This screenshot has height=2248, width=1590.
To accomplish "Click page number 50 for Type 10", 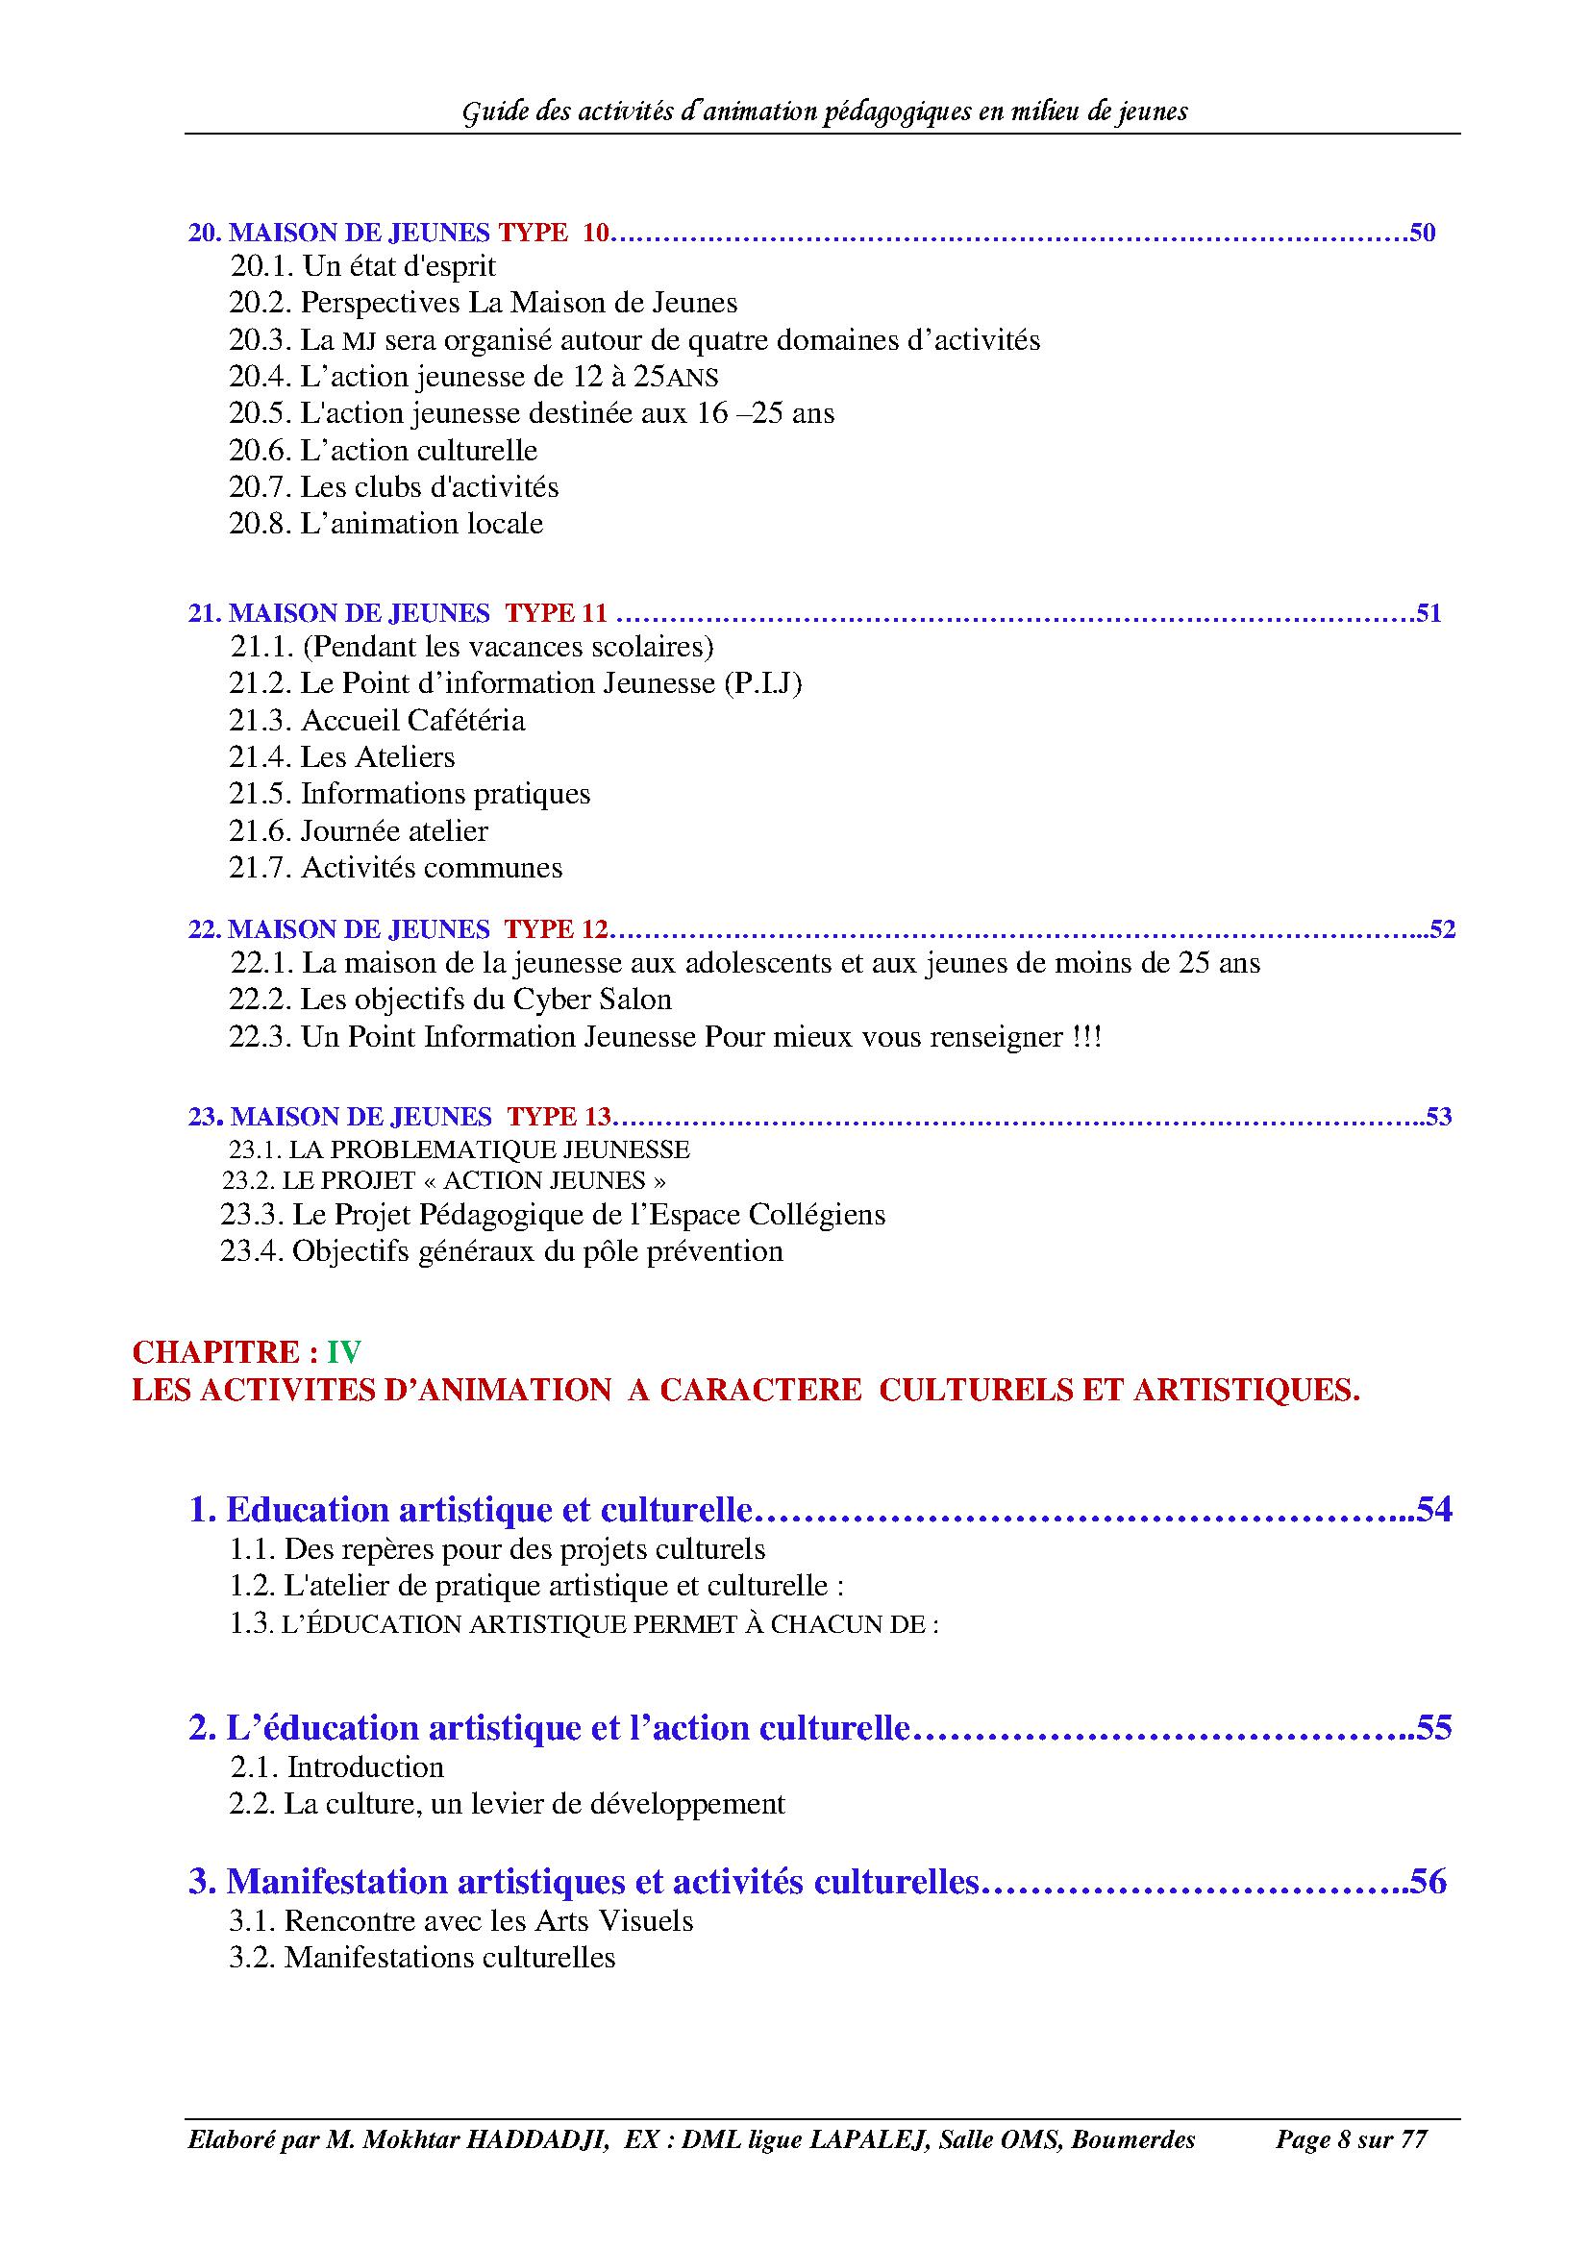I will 1422,233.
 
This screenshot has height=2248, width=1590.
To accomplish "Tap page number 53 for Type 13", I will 1438,1116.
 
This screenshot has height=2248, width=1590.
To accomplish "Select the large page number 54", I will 1433,1510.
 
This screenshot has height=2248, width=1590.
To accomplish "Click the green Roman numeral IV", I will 343,1352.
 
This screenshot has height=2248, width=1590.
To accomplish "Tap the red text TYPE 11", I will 556,613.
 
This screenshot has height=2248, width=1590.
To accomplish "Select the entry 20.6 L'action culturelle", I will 383,451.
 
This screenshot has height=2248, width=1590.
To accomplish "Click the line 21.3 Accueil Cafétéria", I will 377,721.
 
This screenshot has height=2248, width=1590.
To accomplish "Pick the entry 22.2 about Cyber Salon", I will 450,1000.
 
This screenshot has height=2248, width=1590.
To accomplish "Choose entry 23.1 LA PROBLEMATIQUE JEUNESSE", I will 460,1149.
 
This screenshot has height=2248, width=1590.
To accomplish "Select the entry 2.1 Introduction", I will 336,1767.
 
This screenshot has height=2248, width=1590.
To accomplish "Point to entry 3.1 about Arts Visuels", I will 461,1921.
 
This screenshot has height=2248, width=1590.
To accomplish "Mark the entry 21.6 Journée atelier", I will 359,831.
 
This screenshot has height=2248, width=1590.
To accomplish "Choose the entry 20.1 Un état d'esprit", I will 363,266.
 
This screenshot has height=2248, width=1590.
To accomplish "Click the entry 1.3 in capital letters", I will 584,1624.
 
